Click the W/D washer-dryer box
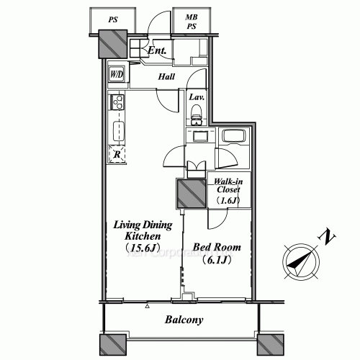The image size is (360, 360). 117,74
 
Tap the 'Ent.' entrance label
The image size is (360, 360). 158,51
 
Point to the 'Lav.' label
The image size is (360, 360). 196,97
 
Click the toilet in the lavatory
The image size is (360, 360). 196,113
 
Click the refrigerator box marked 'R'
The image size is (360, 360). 117,153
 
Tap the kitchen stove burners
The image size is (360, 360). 117,104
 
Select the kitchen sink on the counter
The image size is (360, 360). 117,131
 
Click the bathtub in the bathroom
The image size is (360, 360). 233,137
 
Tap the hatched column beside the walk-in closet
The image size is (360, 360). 191,193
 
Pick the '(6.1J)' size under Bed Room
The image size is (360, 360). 216,260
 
